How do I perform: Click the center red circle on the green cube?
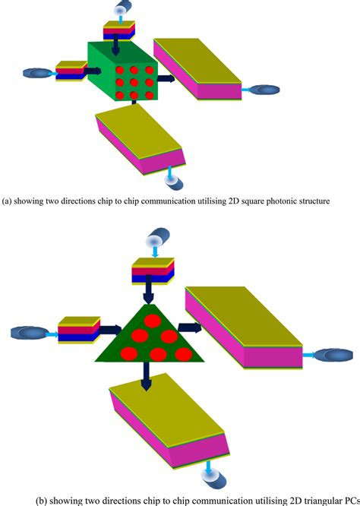tap(134, 81)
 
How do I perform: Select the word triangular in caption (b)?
tap(305, 500)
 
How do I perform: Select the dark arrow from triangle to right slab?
tap(189, 327)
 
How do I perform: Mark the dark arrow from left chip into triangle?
tap(111, 329)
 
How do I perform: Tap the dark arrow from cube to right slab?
tap(166, 77)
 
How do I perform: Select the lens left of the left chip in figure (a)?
tap(36, 73)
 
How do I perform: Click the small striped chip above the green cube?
tap(118, 29)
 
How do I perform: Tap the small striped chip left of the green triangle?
tap(79, 330)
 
